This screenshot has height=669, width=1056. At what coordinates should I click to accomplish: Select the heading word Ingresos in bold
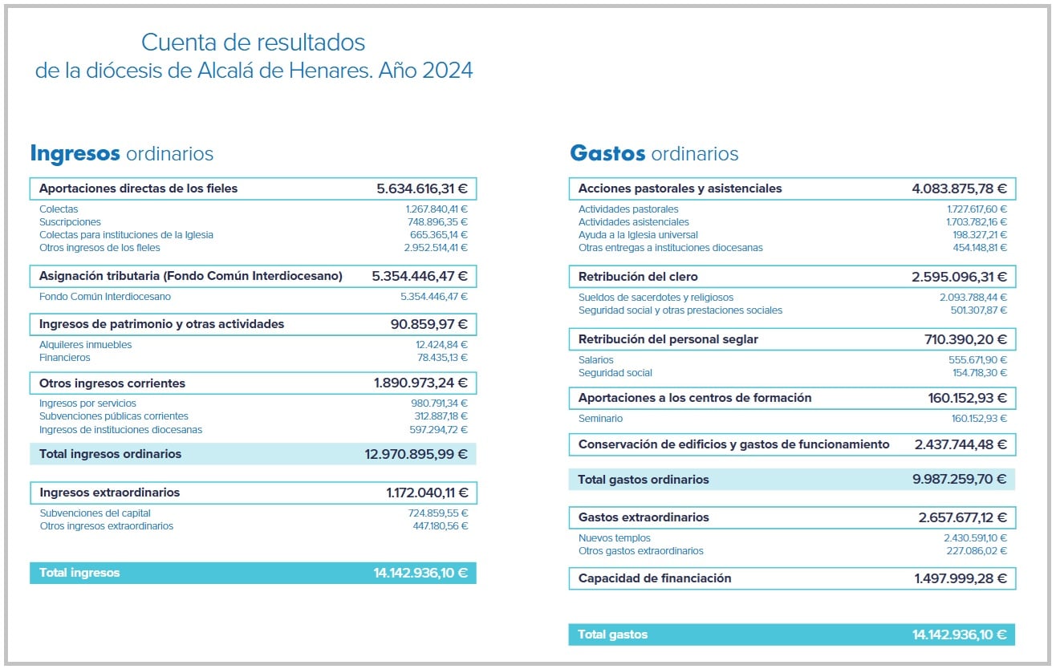click(75, 153)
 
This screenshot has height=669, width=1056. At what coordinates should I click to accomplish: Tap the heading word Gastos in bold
click(607, 153)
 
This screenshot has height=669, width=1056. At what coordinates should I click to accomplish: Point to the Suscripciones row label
click(70, 222)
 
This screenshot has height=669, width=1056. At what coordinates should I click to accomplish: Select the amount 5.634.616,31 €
click(422, 189)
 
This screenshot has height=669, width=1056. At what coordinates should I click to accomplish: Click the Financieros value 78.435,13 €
click(441, 358)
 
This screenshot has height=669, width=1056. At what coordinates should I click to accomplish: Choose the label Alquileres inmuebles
click(85, 345)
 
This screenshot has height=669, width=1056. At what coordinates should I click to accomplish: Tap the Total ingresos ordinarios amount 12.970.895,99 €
click(416, 454)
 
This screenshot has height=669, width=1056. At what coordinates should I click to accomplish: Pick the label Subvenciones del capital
click(95, 513)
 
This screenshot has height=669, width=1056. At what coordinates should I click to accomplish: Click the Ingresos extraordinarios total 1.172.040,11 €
click(427, 493)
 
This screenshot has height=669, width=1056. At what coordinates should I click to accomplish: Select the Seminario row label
click(600, 419)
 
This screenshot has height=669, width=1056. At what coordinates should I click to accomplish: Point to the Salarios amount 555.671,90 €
click(977, 360)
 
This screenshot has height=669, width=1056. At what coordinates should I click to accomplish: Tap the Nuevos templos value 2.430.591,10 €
click(975, 538)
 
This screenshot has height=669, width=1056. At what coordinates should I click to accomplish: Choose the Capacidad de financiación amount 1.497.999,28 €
click(961, 578)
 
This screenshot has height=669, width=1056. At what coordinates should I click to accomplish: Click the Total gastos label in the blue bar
click(612, 635)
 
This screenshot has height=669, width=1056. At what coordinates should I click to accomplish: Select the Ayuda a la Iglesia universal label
click(638, 235)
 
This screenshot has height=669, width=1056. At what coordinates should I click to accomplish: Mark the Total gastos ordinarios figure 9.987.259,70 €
click(959, 480)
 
